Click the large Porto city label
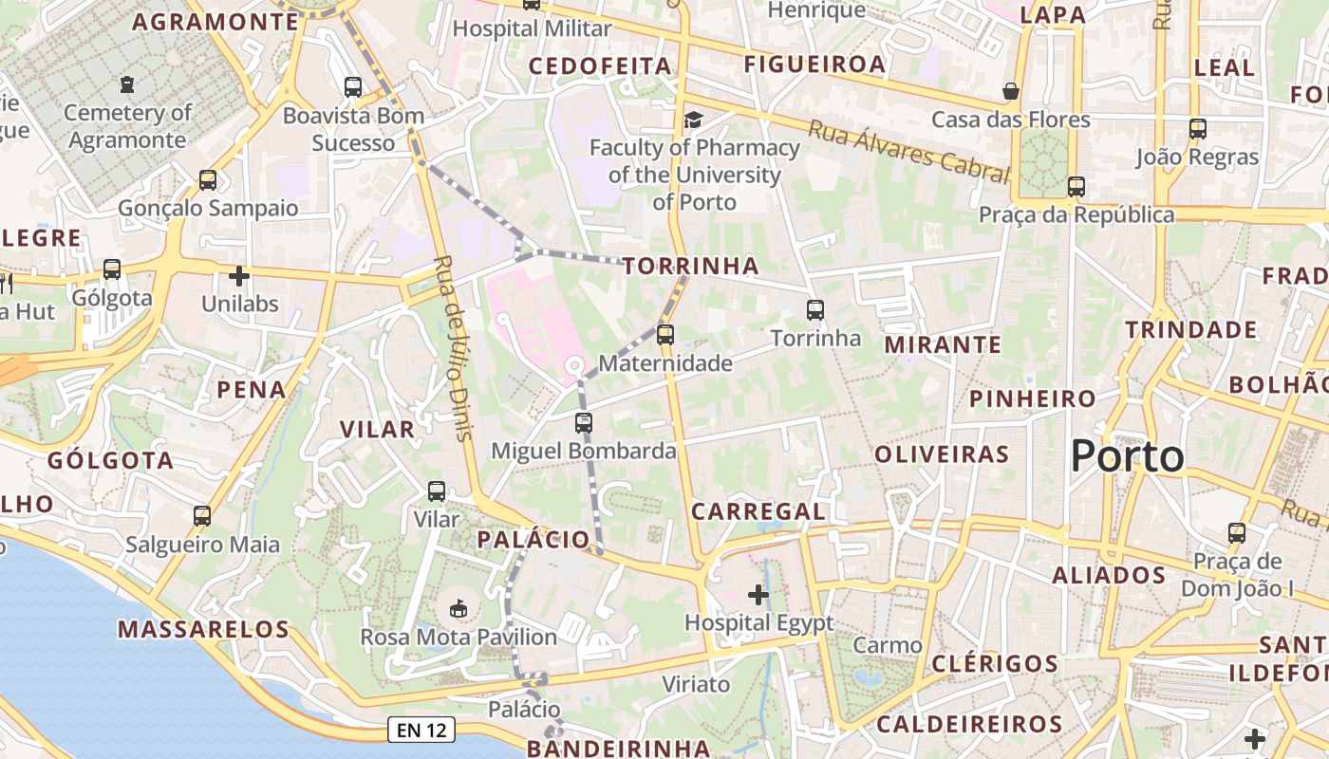click(x=1127, y=456)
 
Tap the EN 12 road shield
click(x=421, y=730)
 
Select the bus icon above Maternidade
click(x=665, y=334)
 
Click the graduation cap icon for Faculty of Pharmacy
click(x=694, y=120)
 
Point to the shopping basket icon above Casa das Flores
click(x=1011, y=91)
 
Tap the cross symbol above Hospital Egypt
click(x=758, y=595)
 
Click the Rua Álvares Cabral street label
click(x=908, y=151)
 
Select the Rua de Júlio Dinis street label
click(x=453, y=348)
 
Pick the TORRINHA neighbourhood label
click(x=691, y=266)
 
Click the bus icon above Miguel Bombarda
click(x=584, y=423)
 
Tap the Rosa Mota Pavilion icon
click(x=459, y=607)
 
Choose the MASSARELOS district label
click(x=203, y=628)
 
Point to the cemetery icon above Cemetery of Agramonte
click(x=127, y=85)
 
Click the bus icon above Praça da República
click(x=1076, y=187)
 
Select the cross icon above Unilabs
click(x=239, y=276)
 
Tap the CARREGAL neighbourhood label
click(x=758, y=511)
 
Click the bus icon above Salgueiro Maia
click(x=202, y=516)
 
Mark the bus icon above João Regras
click(x=1198, y=129)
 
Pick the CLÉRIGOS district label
click(x=995, y=663)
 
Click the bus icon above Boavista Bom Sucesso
click(x=353, y=87)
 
